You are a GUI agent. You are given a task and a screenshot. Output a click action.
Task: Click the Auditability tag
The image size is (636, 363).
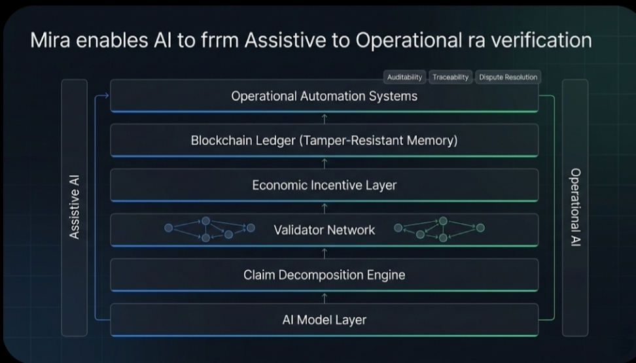click(404, 77)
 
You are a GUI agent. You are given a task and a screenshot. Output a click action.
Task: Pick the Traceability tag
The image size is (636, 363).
click(450, 77)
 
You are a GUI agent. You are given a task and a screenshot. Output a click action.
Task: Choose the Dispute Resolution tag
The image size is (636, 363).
click(508, 77)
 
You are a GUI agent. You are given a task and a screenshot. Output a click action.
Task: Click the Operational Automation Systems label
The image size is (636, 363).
click(324, 96)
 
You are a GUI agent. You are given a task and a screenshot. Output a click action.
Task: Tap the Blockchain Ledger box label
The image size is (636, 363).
click(324, 141)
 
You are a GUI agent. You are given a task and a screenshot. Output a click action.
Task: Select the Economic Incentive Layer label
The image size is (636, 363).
click(324, 185)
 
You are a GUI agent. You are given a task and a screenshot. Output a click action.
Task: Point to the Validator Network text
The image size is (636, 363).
click(324, 230)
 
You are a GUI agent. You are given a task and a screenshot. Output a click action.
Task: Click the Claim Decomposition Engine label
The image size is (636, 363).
click(324, 275)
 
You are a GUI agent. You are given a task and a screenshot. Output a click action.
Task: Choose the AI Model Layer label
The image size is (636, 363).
click(324, 320)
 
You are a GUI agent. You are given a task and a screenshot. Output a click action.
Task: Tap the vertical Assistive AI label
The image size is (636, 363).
click(75, 207)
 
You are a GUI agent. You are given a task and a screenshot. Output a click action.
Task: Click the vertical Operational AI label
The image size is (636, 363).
click(575, 207)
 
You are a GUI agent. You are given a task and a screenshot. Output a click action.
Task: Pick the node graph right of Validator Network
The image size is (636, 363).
click(440, 229)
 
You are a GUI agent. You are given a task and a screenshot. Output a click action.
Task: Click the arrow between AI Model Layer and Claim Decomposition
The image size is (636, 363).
click(325, 298)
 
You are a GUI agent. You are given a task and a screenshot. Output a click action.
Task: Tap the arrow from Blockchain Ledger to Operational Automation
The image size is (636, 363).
click(325, 118)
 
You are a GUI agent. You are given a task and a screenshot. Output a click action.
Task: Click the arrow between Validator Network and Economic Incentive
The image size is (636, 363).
click(325, 208)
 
